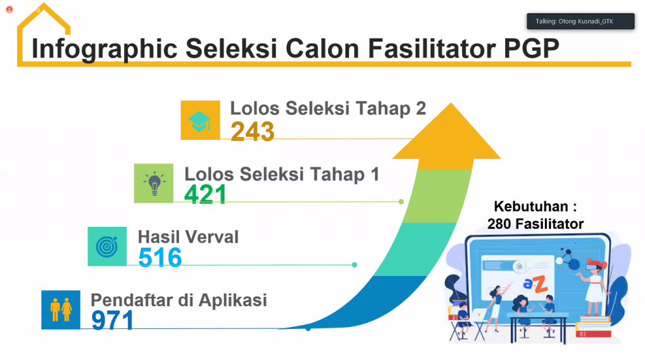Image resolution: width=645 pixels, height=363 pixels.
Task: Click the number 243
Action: (x=252, y=131)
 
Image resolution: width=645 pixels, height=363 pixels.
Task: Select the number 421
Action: (x=205, y=194)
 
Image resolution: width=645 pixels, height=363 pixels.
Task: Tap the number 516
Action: (x=160, y=257)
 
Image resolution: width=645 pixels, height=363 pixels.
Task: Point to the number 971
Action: (x=113, y=320)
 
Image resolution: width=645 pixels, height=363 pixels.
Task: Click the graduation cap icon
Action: (x=200, y=120)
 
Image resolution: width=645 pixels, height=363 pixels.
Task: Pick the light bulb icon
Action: (x=154, y=183)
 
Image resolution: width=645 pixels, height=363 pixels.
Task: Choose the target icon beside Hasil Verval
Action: (x=107, y=246)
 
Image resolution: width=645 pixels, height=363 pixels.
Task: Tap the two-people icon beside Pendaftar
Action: (x=60, y=309)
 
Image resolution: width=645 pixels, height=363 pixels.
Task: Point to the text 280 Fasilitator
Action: (x=535, y=224)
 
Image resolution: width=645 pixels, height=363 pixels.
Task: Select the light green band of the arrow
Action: (x=428, y=195)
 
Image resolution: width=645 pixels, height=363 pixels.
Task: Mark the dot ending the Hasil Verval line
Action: (x=355, y=265)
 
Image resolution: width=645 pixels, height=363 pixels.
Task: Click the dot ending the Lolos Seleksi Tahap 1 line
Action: (x=401, y=202)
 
